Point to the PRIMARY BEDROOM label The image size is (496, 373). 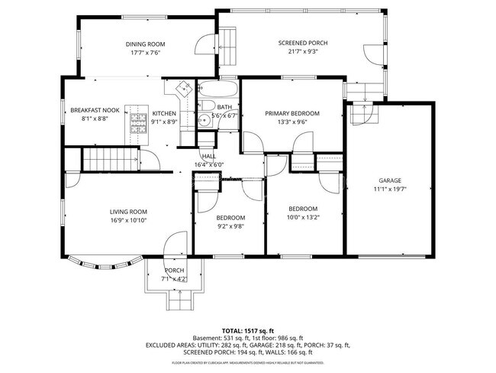pyautogui.click(x=292, y=113)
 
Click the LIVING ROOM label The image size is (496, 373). pyautogui.click(x=128, y=212)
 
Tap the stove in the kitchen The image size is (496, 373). pyautogui.click(x=137, y=122)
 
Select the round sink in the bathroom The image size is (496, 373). pyautogui.click(x=204, y=120)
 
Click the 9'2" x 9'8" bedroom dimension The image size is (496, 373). pyautogui.click(x=230, y=226)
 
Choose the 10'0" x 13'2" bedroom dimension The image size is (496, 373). pyautogui.click(x=302, y=218)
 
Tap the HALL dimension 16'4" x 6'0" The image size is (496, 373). pyautogui.click(x=209, y=164)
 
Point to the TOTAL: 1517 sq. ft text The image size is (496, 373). pyautogui.click(x=247, y=331)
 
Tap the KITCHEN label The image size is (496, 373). pyautogui.click(x=164, y=113)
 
